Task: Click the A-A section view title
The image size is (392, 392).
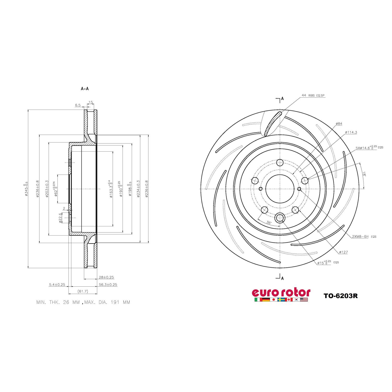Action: [x=85, y=89]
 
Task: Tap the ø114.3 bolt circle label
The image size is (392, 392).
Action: [x=351, y=132]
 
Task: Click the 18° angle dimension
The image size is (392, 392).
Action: [x=364, y=173]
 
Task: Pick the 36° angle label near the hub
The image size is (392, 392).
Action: [x=269, y=223]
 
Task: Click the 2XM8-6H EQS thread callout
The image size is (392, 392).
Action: [x=364, y=237]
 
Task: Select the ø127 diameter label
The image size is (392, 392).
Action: [x=343, y=252]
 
